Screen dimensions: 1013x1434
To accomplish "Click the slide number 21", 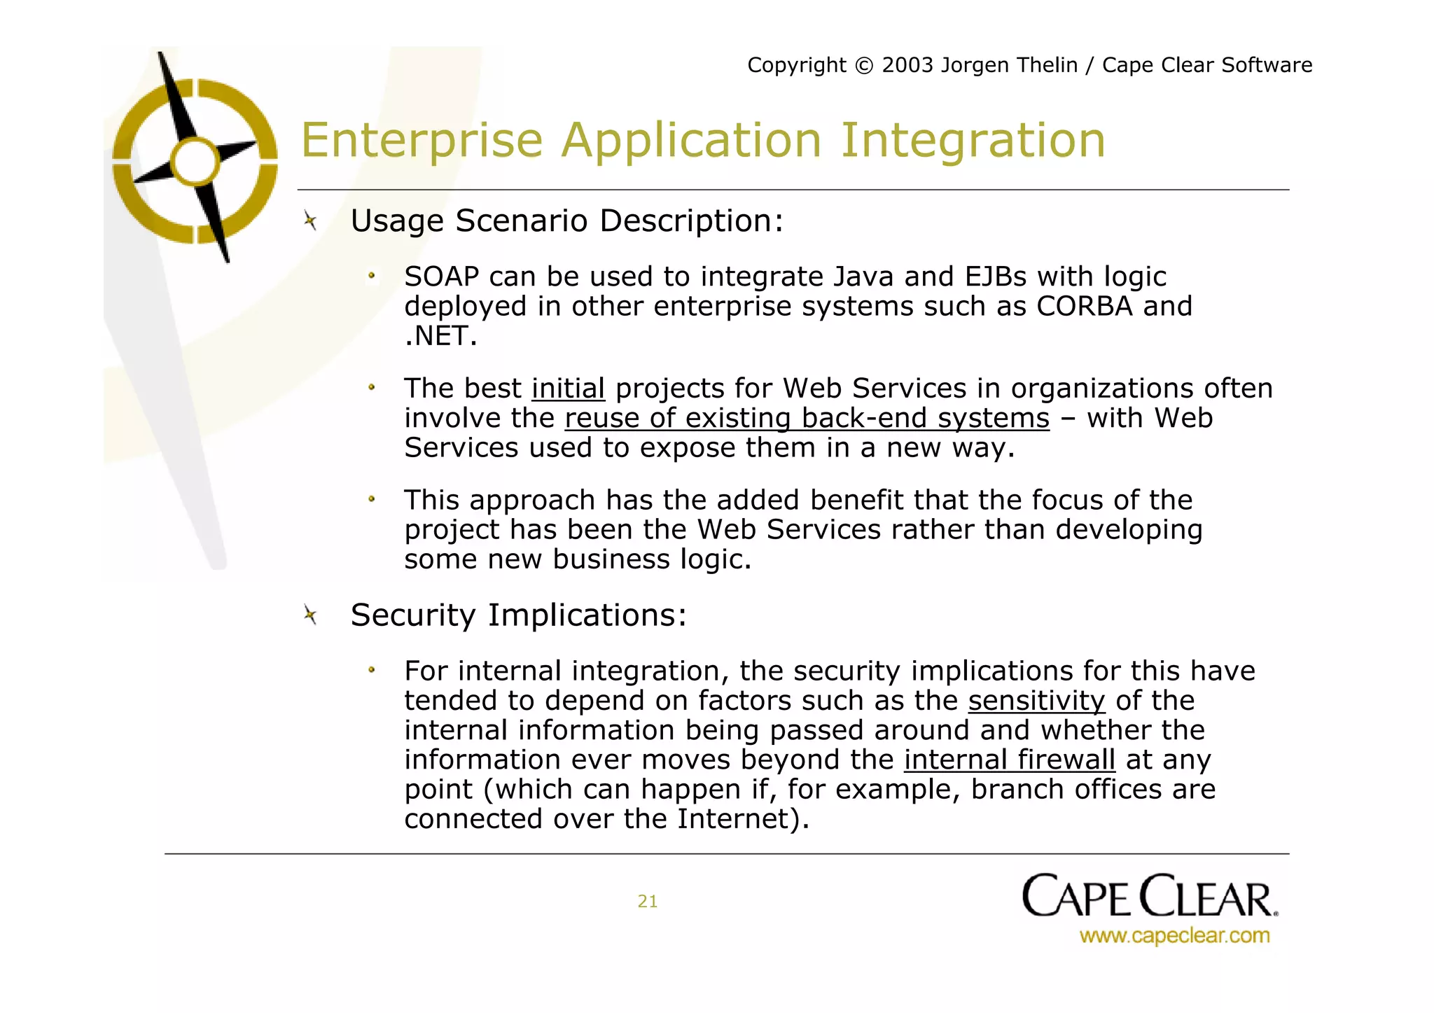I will point(647,902).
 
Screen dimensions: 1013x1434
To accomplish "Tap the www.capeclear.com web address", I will point(1174,936).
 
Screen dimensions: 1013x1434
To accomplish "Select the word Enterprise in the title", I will point(422,141).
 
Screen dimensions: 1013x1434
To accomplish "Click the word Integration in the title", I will point(973,141).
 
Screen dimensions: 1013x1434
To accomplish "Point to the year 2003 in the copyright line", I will point(907,65).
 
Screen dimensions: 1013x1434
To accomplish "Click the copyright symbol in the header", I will point(864,66).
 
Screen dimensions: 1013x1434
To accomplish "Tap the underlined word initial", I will point(568,389).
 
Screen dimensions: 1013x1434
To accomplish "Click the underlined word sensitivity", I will point(1036,701).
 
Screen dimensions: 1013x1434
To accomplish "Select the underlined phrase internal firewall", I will point(1009,760).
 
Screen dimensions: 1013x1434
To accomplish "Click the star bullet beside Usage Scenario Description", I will point(311,222).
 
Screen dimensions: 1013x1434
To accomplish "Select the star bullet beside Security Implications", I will point(311,616).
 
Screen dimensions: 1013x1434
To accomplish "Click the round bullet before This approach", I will point(372,500).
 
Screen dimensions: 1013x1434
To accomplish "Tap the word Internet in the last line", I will point(732,819).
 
